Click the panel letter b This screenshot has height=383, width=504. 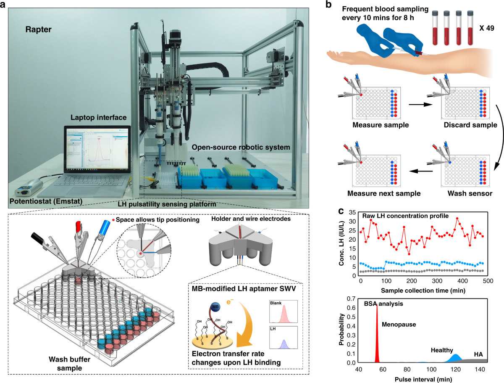330,5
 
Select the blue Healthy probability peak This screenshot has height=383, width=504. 454,358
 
